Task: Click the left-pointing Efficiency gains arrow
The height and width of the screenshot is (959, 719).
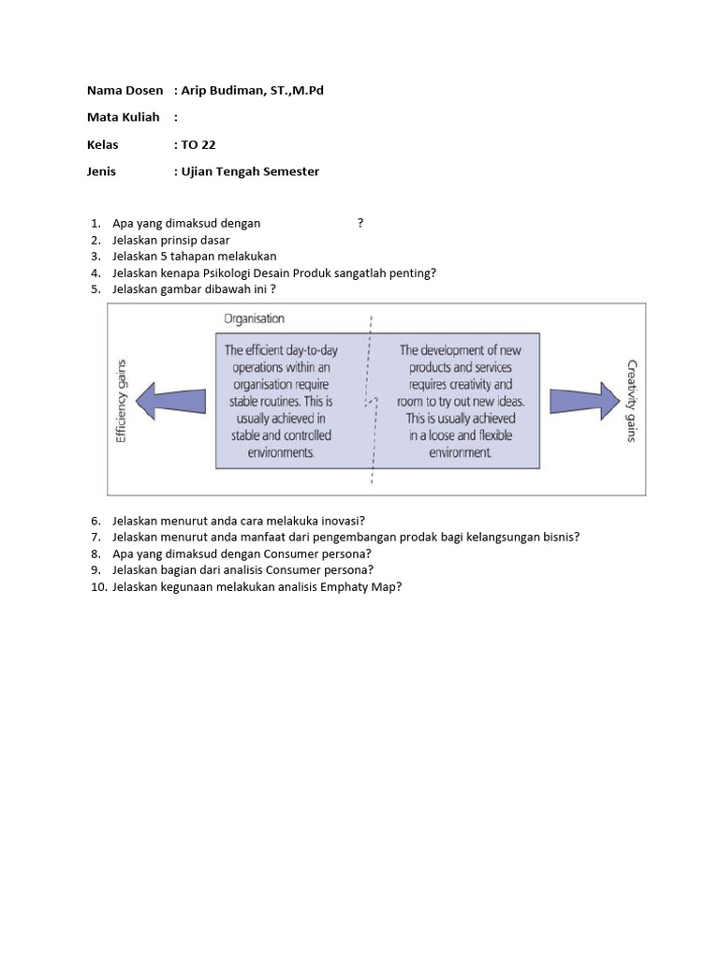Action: point(169,401)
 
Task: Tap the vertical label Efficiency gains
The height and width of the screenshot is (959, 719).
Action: point(121,402)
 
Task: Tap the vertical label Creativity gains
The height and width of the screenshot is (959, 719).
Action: point(631,402)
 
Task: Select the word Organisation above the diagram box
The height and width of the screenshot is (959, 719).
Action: point(254,318)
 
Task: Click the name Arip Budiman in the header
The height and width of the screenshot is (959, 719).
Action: point(222,90)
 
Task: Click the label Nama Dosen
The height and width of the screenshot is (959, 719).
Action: point(125,90)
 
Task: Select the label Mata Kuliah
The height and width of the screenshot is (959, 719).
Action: point(124,117)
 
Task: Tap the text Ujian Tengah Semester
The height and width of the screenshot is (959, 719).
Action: point(250,171)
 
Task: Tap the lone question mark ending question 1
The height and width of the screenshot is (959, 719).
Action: point(360,223)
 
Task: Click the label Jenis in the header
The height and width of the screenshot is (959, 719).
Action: point(101,171)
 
